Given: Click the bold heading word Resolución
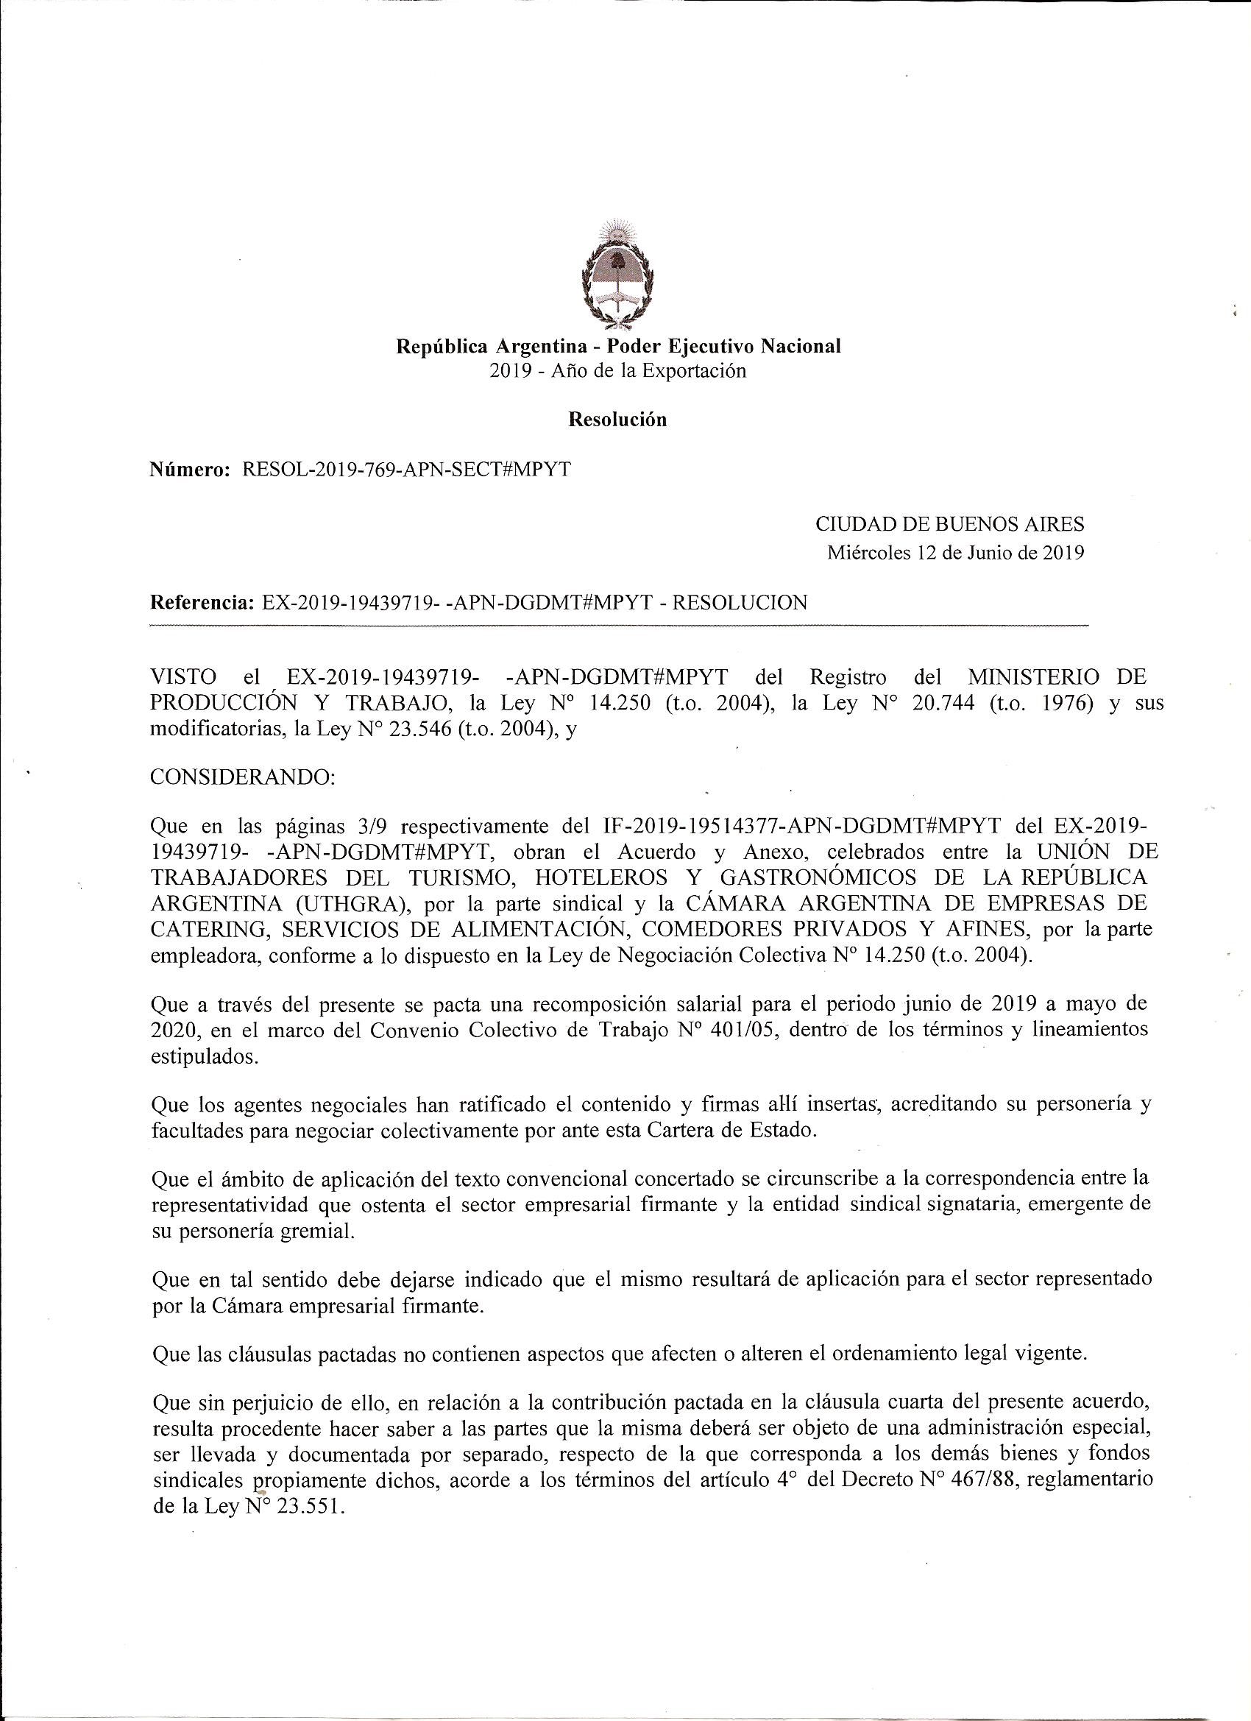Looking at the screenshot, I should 617,420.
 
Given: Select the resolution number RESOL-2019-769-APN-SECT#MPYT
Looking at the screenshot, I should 406,470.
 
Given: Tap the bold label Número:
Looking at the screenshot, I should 191,470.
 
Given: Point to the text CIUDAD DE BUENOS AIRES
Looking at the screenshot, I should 949,523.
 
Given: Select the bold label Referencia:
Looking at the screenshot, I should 202,603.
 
